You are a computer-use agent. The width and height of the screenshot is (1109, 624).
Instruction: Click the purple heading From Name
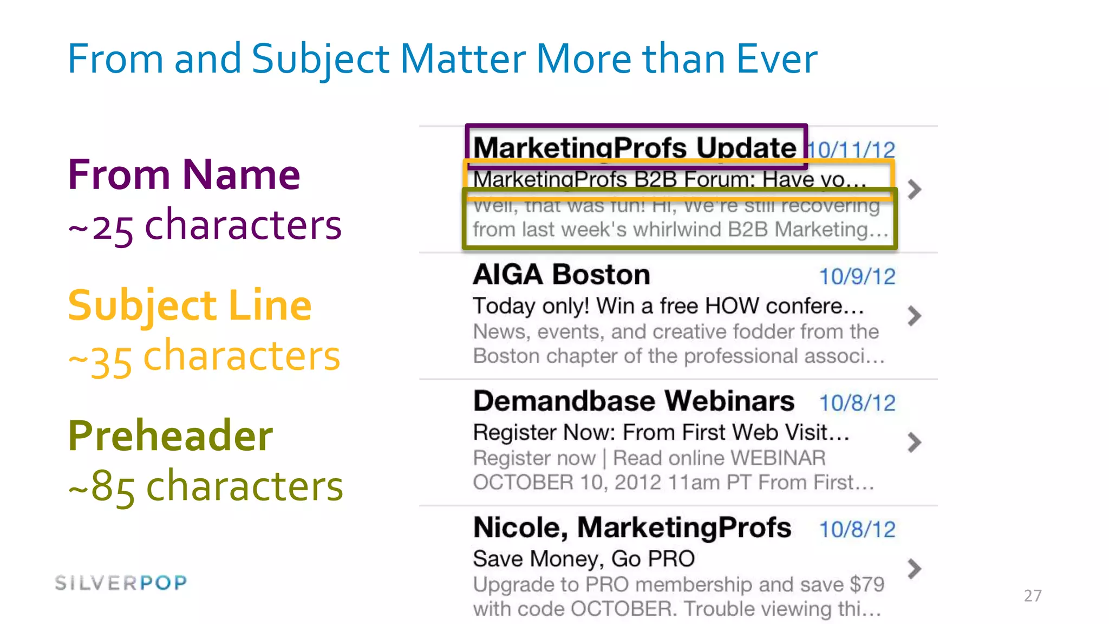point(184,175)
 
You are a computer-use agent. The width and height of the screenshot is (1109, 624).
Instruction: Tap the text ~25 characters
point(205,225)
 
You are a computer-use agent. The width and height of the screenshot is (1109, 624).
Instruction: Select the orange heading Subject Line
point(190,305)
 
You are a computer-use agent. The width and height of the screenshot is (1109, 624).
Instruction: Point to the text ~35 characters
point(204,357)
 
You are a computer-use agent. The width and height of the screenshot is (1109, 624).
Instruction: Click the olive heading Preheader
point(170,435)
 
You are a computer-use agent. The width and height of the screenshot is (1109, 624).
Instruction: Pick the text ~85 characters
point(206,486)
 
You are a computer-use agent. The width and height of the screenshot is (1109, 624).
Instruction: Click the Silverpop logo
point(121,583)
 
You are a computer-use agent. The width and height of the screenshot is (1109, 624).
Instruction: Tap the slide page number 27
point(1032,596)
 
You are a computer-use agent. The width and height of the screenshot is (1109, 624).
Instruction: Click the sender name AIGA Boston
point(561,275)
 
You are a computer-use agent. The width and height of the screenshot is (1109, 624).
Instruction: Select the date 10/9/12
point(857,277)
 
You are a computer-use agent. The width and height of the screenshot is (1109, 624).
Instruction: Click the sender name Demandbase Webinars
point(634,401)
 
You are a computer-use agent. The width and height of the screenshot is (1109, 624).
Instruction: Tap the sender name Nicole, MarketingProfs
point(632,528)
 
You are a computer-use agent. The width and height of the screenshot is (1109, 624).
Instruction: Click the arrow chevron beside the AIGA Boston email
point(914,316)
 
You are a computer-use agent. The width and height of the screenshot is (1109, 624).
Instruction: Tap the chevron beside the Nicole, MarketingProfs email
point(914,569)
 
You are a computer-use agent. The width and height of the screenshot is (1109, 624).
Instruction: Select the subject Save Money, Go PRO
point(583,559)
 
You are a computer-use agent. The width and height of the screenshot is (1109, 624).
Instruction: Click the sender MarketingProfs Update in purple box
point(635,147)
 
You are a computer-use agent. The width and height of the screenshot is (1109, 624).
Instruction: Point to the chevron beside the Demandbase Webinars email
point(914,443)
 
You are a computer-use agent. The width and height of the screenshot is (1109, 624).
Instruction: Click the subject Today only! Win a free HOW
point(667,306)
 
